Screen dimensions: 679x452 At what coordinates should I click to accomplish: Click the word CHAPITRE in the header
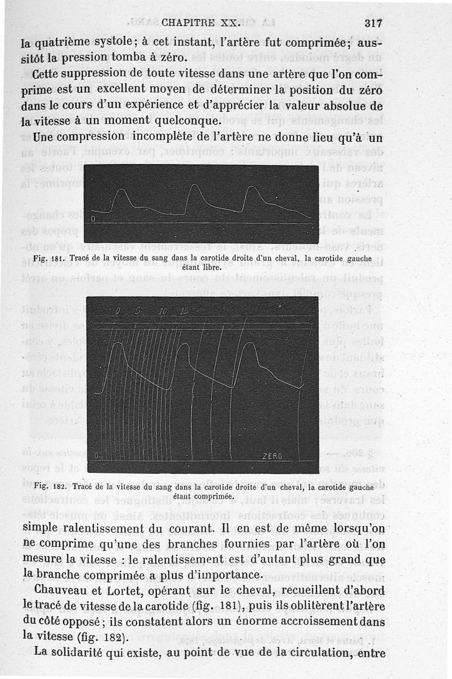click(186, 23)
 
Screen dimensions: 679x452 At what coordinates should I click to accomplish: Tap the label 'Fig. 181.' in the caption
click(46, 259)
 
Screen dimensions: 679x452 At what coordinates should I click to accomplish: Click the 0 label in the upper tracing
click(93, 219)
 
